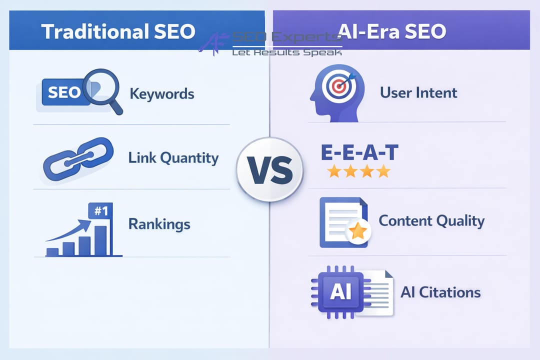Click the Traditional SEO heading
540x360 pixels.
coord(118,31)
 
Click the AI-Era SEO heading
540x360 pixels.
coord(391,31)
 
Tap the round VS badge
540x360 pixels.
coord(269,169)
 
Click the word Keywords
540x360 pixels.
coord(161,93)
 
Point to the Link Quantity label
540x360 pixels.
coord(173,158)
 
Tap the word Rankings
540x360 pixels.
coord(159,223)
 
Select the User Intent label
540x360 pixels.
coord(418,92)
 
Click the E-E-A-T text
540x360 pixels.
coord(359,153)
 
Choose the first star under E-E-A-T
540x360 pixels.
coord(333,171)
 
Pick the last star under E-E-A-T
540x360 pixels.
coord(383,171)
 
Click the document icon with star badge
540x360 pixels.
coord(343,222)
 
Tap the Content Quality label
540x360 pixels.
coord(431,221)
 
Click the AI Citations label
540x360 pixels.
coord(440,292)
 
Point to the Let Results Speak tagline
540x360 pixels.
coord(286,52)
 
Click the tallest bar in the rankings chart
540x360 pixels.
coord(101,240)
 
